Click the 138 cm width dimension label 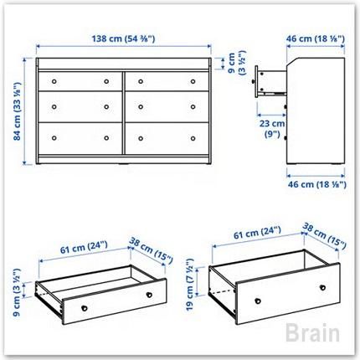[123, 39]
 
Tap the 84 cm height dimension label [18, 111]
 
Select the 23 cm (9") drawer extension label [272, 129]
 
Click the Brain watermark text [312, 332]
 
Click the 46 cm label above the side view [316, 39]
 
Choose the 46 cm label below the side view [317, 184]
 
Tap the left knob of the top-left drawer [54, 81]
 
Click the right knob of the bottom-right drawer [193, 138]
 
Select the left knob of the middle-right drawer [141, 106]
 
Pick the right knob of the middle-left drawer [106, 106]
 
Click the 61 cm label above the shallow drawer [84, 247]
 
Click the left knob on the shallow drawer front [84, 308]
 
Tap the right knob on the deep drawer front [322, 287]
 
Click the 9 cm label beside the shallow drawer [17, 292]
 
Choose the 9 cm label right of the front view [237, 63]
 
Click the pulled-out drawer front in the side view [256, 81]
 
